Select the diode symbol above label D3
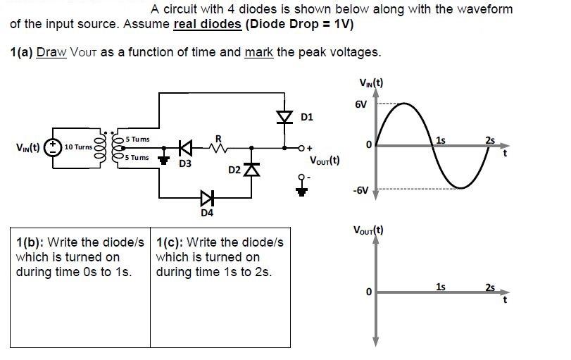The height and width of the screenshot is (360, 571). [185, 149]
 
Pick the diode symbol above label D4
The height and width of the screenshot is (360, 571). [206, 195]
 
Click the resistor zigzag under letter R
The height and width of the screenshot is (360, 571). [219, 149]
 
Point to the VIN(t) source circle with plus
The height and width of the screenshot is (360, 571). [51, 147]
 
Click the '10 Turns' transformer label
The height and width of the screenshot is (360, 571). [78, 147]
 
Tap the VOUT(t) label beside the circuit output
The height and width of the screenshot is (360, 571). [325, 160]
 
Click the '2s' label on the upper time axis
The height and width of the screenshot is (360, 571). [490, 139]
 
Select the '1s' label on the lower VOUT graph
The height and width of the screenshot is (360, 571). [440, 286]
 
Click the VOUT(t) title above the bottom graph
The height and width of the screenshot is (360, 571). [370, 230]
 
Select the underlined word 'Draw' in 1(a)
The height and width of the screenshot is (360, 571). [51, 52]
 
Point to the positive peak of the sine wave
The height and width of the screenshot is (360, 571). [399, 104]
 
